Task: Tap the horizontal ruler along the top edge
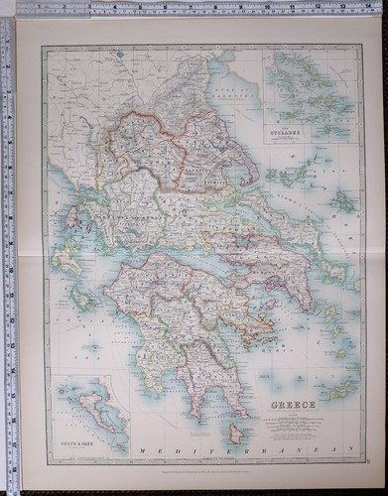198,8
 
